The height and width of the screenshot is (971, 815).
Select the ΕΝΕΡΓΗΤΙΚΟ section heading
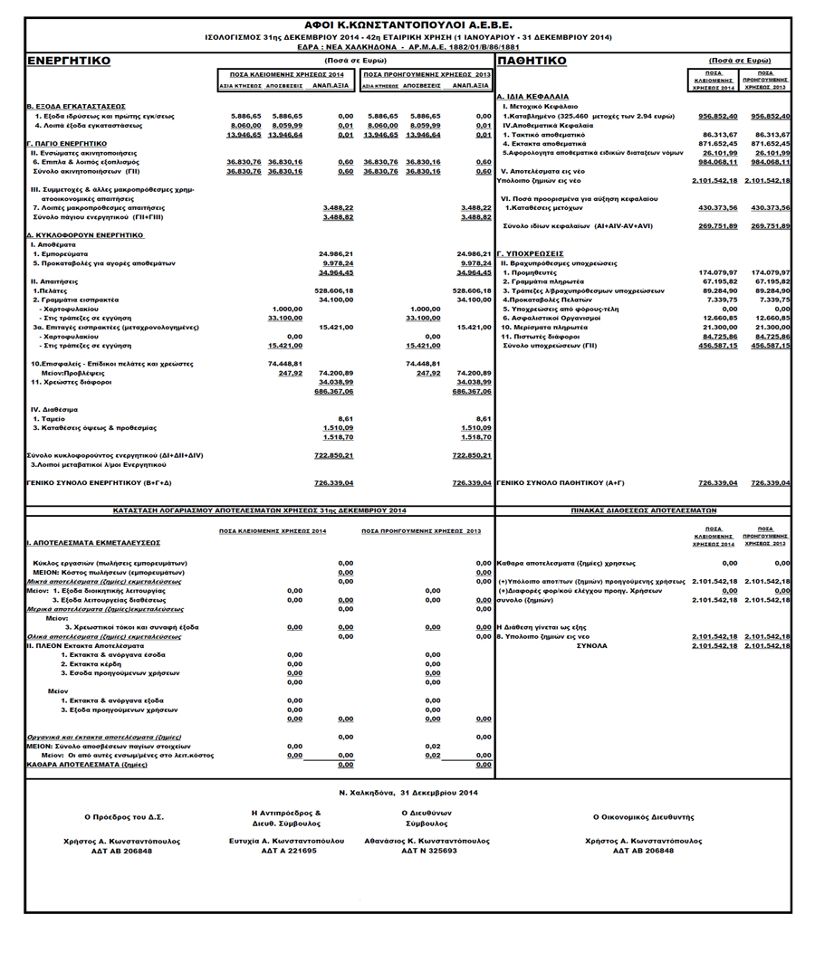[x=69, y=61]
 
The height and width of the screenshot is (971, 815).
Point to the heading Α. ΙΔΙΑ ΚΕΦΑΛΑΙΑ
[x=533, y=96]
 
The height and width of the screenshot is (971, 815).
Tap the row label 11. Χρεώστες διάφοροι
[x=72, y=382]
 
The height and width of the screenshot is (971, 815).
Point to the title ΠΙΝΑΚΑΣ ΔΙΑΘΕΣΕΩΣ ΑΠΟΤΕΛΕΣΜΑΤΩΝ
[x=644, y=510]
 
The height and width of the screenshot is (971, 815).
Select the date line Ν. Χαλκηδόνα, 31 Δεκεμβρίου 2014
[x=408, y=793]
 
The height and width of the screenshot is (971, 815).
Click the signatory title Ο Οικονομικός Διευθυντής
[x=644, y=817]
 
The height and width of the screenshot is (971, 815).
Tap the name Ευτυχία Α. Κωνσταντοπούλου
[x=285, y=841]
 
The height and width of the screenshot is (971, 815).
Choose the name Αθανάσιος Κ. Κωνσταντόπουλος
[x=426, y=841]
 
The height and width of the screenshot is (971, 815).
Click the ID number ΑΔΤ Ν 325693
[x=426, y=851]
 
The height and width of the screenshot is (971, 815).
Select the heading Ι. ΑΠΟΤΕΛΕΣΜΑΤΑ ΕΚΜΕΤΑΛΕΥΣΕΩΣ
[x=93, y=542]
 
